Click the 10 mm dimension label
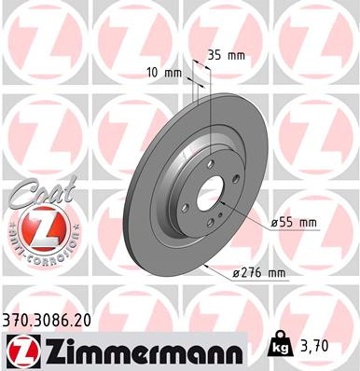tap(163, 73)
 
